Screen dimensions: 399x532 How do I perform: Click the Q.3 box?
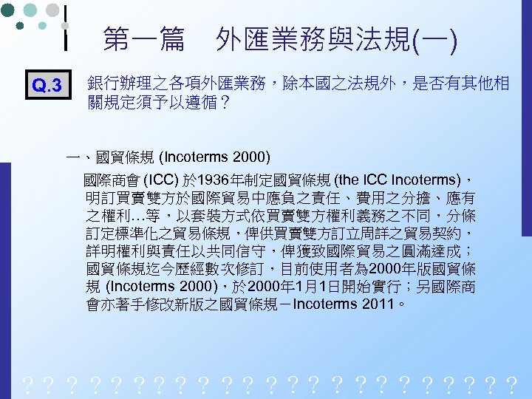click(48, 86)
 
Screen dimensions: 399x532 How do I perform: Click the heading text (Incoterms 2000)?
click(215, 157)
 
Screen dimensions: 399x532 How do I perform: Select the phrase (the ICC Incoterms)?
click(395, 180)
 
